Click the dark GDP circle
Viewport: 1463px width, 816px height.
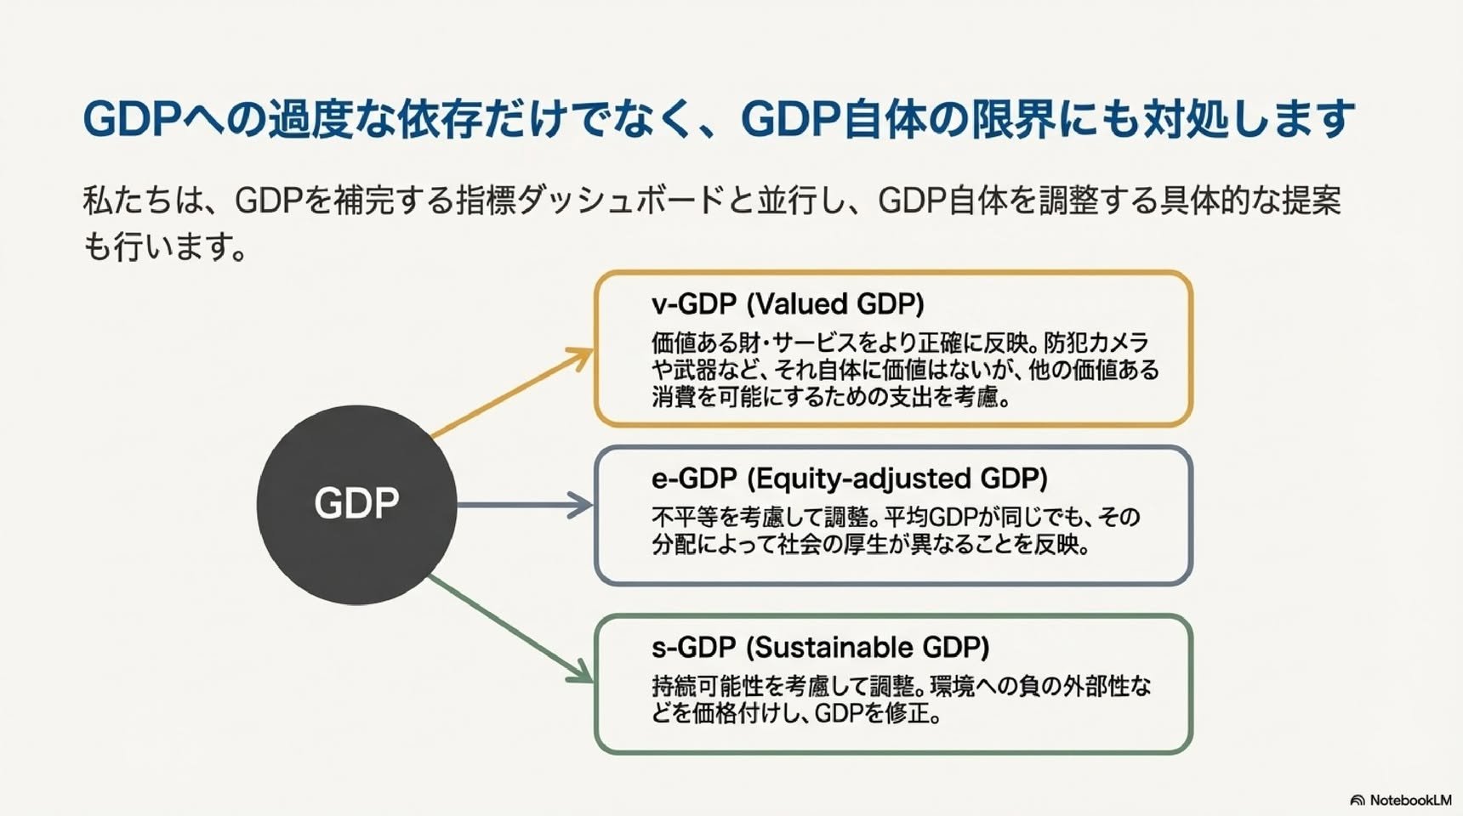[x=356, y=505]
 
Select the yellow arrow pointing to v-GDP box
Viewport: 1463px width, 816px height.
[x=512, y=393]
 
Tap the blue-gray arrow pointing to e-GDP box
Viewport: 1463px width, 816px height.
[x=525, y=505]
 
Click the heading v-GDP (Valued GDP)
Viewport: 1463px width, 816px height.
[x=788, y=303]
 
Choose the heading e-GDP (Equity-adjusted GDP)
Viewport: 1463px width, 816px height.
[x=849, y=479]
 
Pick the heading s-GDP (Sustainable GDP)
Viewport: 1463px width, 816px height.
[x=820, y=648]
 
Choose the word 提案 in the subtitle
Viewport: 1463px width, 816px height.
[x=1311, y=201]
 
